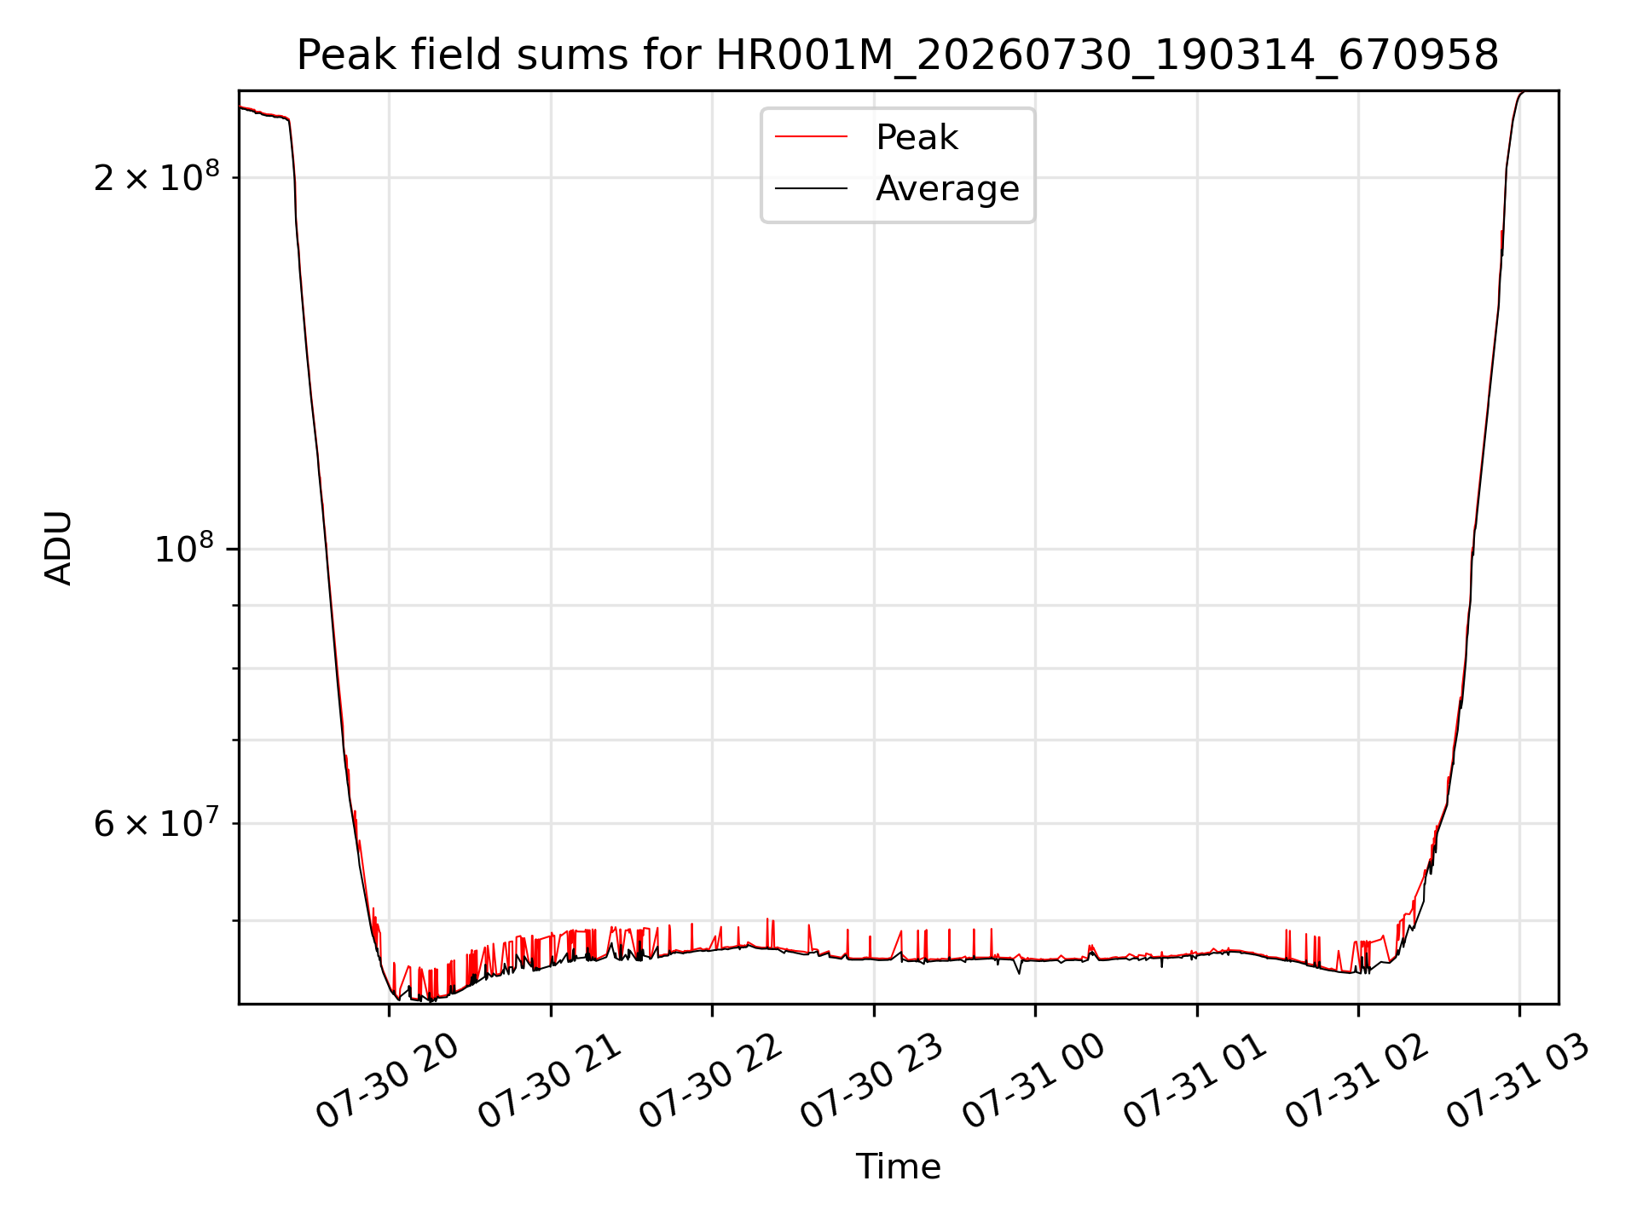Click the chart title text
click(x=898, y=55)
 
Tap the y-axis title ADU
click(x=59, y=548)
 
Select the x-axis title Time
click(x=899, y=1167)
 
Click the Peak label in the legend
click(x=917, y=137)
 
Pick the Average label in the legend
click(x=947, y=188)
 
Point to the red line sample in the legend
click(x=811, y=137)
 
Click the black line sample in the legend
click(x=811, y=188)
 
